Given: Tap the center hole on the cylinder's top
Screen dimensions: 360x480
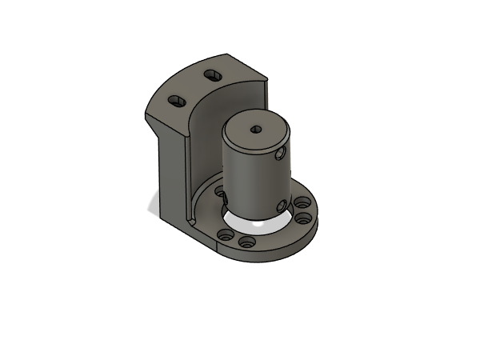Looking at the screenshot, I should click(x=256, y=129).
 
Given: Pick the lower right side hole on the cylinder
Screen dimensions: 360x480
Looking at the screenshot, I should click(x=280, y=206).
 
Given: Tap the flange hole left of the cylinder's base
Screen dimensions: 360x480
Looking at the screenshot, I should click(x=219, y=192).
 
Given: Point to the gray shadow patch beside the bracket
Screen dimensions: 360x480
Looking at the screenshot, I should click(x=152, y=205).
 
